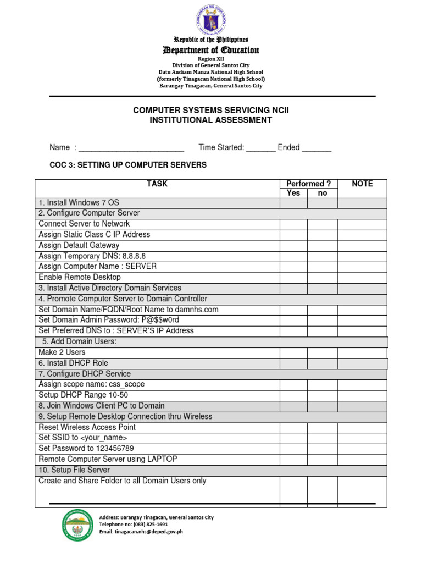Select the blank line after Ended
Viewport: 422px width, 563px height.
point(316,148)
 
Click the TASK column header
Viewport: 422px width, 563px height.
point(157,184)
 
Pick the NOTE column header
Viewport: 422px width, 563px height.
point(362,184)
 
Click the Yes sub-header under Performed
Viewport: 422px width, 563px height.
point(294,193)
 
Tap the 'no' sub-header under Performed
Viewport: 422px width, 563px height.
point(323,193)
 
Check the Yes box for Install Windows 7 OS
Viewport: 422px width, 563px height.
point(294,203)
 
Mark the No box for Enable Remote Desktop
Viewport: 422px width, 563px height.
point(323,278)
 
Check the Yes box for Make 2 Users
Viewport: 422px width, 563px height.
point(294,352)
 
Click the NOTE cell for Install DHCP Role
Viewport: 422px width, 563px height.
point(363,363)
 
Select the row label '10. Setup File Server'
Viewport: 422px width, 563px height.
point(74,470)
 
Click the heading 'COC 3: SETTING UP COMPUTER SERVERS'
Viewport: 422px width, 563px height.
point(128,165)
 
